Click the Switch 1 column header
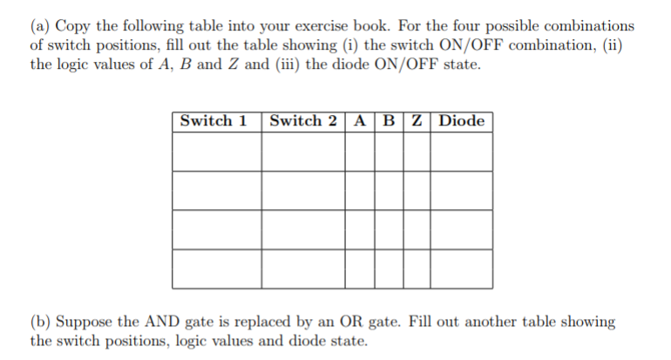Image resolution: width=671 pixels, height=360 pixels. point(213,120)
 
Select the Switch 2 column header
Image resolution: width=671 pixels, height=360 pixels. point(303,120)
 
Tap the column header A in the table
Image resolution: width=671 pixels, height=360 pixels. point(360,120)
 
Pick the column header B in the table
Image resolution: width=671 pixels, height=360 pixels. point(389,120)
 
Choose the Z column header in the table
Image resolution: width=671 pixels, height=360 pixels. point(417,120)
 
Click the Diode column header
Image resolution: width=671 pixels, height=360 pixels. point(461,120)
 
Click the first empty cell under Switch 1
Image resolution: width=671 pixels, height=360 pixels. point(217,152)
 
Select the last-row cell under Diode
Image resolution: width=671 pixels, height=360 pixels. point(461,268)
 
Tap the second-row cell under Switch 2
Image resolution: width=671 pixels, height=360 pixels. point(303,191)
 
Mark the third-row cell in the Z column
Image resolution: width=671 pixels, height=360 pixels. point(417,229)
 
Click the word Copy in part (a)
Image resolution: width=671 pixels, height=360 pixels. point(72,26)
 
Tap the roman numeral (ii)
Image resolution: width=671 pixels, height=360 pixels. point(613,45)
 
